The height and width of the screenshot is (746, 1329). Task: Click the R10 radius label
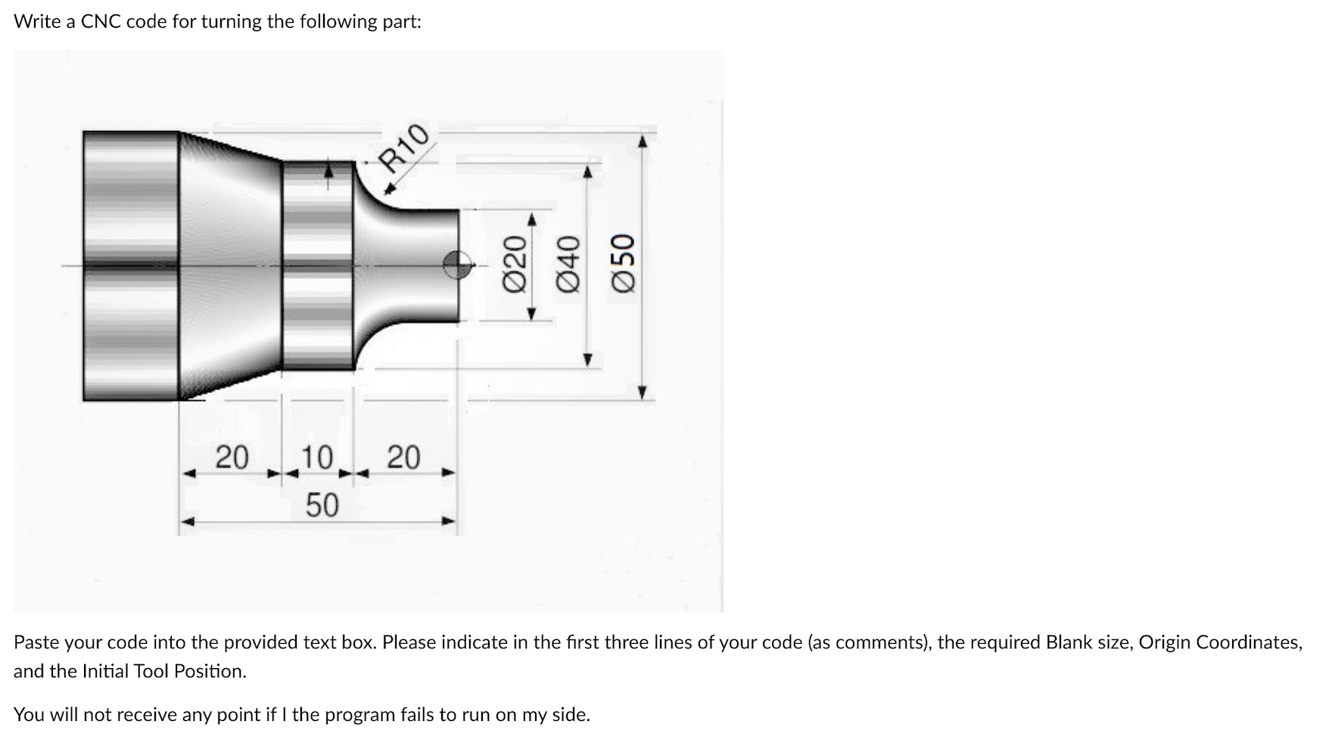click(x=405, y=148)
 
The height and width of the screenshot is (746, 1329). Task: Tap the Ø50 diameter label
click(x=622, y=262)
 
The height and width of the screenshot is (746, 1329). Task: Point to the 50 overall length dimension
click(x=322, y=505)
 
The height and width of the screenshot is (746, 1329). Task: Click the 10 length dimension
click(x=316, y=458)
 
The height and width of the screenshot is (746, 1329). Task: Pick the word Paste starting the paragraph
click(x=36, y=642)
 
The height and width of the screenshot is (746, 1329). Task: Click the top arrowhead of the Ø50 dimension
click(x=643, y=141)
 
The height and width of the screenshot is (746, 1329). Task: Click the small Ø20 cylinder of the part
click(x=424, y=265)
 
